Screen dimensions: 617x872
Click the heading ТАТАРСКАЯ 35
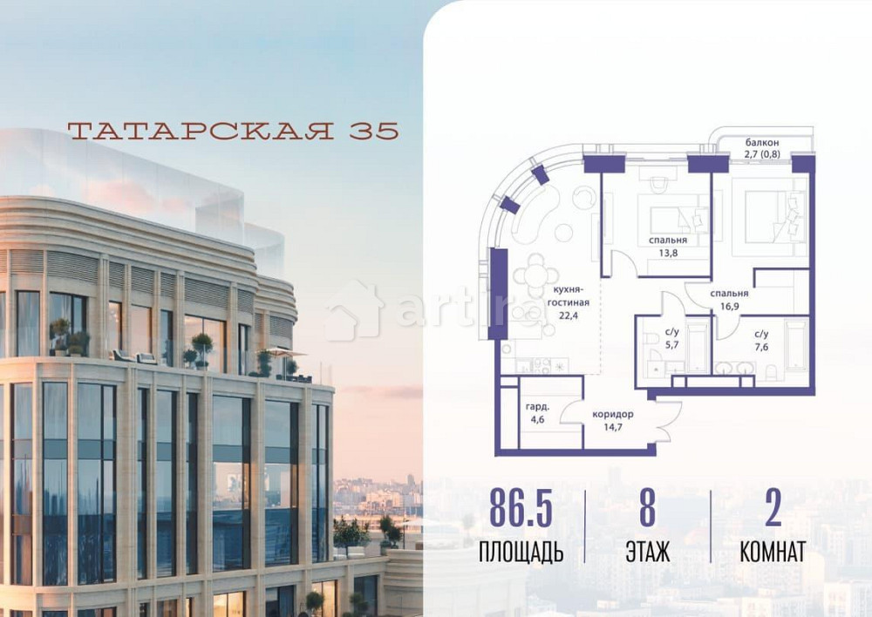click(233, 131)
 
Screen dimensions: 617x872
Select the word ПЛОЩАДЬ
click(521, 552)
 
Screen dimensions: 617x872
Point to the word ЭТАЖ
click(647, 552)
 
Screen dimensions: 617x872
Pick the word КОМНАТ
click(773, 552)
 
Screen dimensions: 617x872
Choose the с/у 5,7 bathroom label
click(672, 336)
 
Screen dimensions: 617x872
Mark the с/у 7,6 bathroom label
click(761, 339)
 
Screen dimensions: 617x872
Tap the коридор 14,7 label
click(612, 420)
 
